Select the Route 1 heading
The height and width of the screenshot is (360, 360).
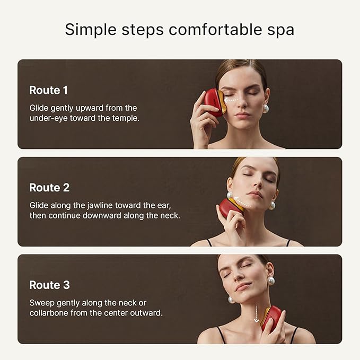coord(48,90)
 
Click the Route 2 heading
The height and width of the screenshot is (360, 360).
coord(49,188)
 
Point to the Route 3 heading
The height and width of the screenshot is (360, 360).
coord(49,285)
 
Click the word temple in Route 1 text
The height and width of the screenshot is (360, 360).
coord(126,118)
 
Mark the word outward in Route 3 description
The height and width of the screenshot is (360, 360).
coord(148,313)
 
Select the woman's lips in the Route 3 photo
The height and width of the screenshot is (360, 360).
coord(243,286)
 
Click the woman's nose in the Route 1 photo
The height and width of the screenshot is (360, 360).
coord(243,104)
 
